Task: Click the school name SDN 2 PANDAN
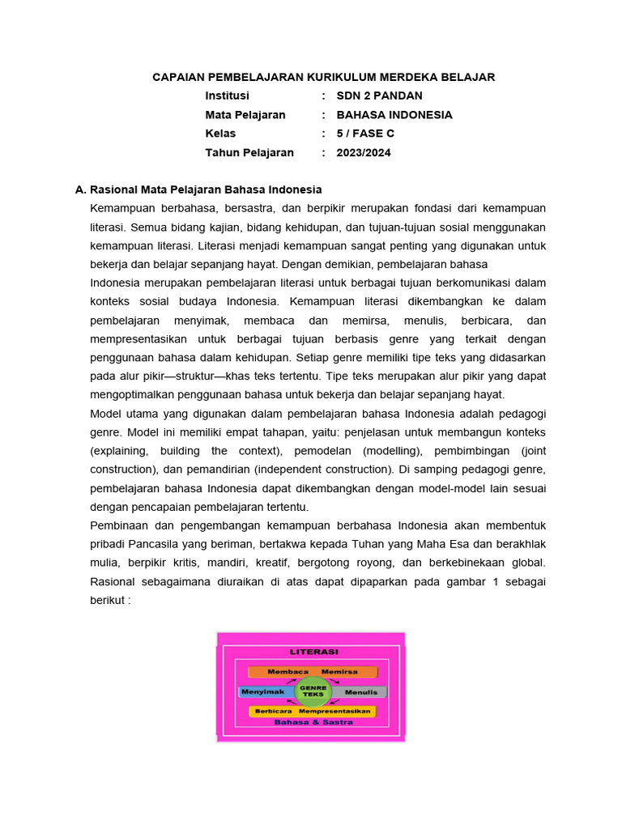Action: (379, 96)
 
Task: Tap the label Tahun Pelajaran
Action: (249, 152)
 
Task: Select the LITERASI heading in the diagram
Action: (313, 651)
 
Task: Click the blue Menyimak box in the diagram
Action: (264, 692)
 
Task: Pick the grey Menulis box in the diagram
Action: (360, 693)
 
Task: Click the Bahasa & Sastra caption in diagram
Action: (313, 721)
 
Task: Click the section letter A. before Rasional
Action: (80, 189)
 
